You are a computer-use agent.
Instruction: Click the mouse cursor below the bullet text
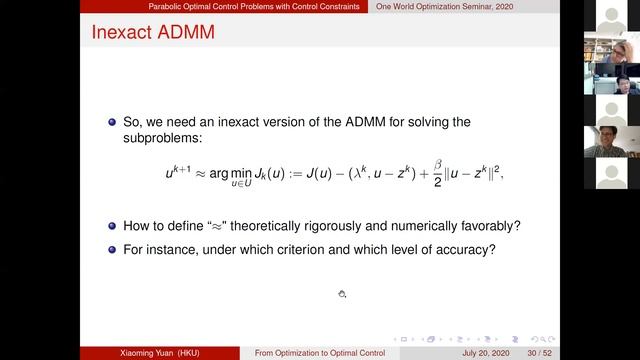coord(341,294)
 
